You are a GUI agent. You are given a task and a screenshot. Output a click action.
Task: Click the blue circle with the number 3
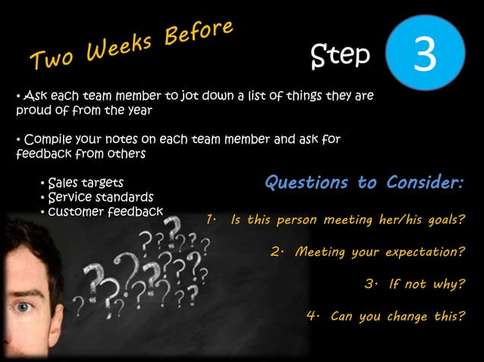(425, 52)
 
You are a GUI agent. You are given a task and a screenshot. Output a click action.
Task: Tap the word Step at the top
(341, 55)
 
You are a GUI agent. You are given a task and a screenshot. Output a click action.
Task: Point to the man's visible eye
(23, 307)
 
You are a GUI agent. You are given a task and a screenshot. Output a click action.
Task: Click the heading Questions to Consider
(363, 183)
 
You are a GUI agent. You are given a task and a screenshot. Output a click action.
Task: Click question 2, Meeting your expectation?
(367, 251)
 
